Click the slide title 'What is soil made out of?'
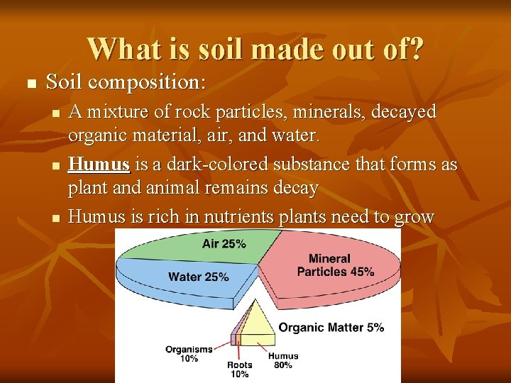coord(255,48)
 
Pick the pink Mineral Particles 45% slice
coord(334,273)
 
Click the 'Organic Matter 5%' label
coord(331,328)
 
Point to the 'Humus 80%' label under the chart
coord(283,360)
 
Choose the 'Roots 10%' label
coord(239,370)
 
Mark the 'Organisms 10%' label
coord(189,353)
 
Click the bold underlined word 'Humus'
coord(99,165)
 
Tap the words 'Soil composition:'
coord(126,82)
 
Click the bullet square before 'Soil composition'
coord(30,84)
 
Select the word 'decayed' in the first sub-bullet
coord(402,112)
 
